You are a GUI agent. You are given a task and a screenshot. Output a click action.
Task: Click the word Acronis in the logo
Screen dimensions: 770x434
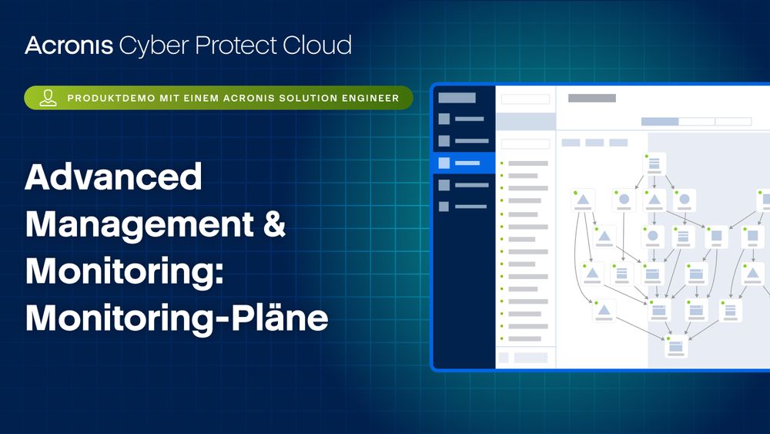coord(69,45)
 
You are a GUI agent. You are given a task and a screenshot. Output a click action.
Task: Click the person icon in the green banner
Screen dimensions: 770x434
coord(48,98)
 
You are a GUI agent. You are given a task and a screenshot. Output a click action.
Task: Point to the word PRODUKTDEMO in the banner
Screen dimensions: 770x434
coord(111,99)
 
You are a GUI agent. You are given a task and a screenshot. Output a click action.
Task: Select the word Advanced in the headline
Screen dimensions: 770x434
coord(113,177)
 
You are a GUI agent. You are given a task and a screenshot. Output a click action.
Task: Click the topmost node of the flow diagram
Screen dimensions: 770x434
coord(654,163)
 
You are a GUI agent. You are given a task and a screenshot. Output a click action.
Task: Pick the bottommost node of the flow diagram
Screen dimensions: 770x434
coord(676,347)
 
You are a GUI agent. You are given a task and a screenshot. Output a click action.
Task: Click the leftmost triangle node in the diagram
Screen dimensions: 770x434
coord(583,200)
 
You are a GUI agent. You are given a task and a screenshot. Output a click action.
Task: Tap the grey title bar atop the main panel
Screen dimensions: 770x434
coord(591,99)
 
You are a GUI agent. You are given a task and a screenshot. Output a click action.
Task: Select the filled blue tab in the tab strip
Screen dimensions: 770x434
coord(660,121)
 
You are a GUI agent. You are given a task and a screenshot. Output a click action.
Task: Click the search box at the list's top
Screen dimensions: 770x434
coord(525,99)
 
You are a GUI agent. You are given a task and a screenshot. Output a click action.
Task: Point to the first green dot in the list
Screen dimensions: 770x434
coord(502,163)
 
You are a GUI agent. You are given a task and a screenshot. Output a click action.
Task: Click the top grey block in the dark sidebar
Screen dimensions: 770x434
coord(457,98)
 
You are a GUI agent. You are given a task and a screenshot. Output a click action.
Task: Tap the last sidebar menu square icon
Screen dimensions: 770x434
coord(444,207)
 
